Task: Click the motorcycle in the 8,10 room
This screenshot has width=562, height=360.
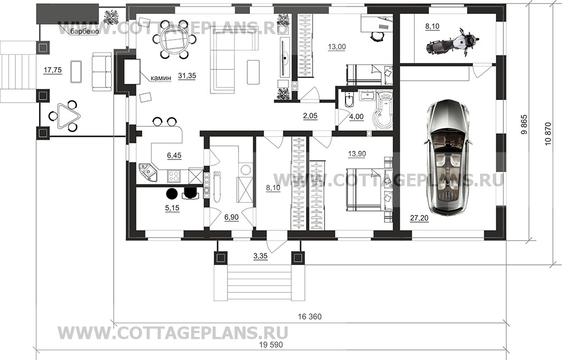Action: tap(452, 44)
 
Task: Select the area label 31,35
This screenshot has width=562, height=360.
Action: tap(186, 76)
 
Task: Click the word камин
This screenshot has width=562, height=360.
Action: tap(160, 78)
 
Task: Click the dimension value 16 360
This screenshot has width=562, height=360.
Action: tap(310, 317)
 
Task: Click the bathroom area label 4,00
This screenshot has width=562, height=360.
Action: tap(357, 117)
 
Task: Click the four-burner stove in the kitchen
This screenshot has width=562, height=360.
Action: tap(174, 175)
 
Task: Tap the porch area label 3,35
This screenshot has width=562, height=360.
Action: tap(260, 256)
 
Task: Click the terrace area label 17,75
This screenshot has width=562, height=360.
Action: tap(52, 70)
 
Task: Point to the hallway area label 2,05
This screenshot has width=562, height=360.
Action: tap(310, 116)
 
